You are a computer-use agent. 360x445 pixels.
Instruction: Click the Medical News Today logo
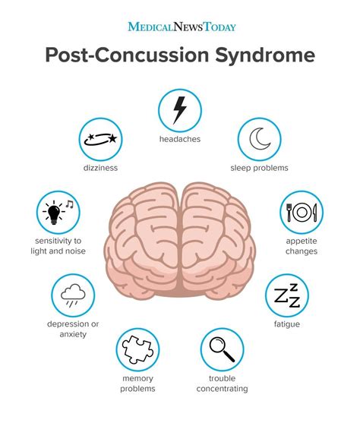182,27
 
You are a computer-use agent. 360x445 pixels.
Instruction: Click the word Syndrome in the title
265,55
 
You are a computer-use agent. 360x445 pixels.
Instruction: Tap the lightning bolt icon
180,110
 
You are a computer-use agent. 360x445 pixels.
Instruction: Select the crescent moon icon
260,139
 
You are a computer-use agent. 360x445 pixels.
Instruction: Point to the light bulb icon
54,213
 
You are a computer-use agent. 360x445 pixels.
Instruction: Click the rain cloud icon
73,295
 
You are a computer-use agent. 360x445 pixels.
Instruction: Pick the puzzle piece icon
137,349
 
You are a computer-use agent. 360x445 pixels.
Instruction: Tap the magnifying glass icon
222,349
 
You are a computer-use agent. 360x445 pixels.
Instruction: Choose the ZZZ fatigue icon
287,295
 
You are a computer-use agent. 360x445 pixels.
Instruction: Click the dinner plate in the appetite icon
302,213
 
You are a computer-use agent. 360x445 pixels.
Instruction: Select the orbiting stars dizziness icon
101,139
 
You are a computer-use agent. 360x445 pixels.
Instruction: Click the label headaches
180,139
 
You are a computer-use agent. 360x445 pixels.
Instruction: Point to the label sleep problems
259,168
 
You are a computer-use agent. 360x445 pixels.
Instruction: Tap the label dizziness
100,168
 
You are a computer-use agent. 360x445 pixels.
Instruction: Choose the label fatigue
287,324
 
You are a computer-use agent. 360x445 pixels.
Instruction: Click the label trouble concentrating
222,383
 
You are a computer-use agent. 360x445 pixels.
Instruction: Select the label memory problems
137,383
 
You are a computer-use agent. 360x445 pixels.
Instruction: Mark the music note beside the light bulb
70,204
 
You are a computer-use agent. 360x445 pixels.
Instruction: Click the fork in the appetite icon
289,213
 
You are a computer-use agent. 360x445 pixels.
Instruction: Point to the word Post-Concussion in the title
127,55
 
